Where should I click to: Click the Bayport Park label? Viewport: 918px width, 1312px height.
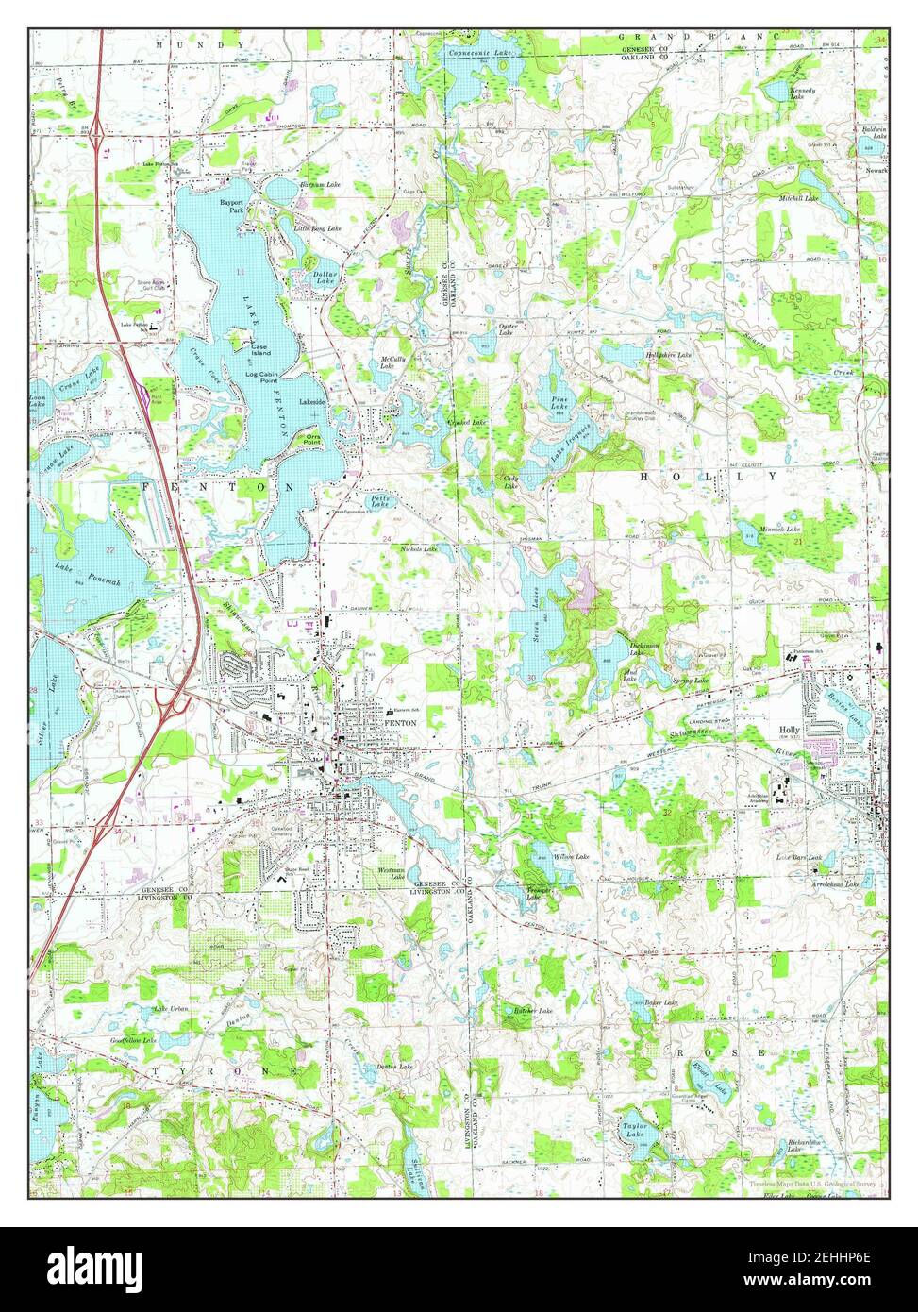[232, 206]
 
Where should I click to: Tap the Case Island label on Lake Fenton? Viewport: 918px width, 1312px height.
[259, 349]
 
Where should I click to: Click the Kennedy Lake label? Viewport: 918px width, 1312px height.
[803, 93]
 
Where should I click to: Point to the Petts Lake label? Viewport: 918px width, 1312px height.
[379, 504]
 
